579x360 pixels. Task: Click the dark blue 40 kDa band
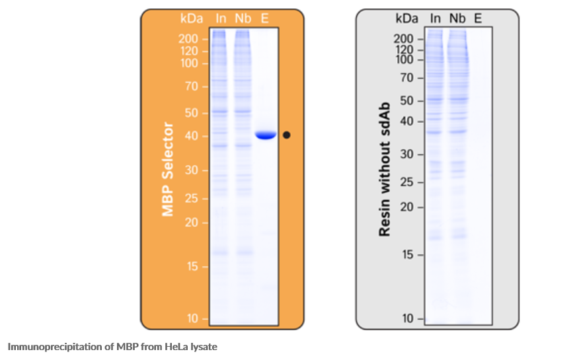(x=266, y=135)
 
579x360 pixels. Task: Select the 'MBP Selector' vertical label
(x=168, y=169)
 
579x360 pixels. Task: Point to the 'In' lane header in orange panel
(x=221, y=18)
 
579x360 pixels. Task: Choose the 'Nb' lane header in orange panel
(x=243, y=18)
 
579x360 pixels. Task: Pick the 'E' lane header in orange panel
(x=265, y=18)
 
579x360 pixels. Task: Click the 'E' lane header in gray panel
(x=478, y=18)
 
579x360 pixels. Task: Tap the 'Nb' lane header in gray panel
(x=457, y=18)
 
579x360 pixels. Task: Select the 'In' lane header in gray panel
(x=436, y=18)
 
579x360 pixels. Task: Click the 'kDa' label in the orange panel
(x=193, y=18)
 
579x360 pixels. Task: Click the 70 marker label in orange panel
(x=192, y=86)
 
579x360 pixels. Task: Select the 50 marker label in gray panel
(x=407, y=100)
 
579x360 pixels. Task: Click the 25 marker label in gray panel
(x=407, y=182)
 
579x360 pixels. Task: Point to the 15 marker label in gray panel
(x=407, y=254)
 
